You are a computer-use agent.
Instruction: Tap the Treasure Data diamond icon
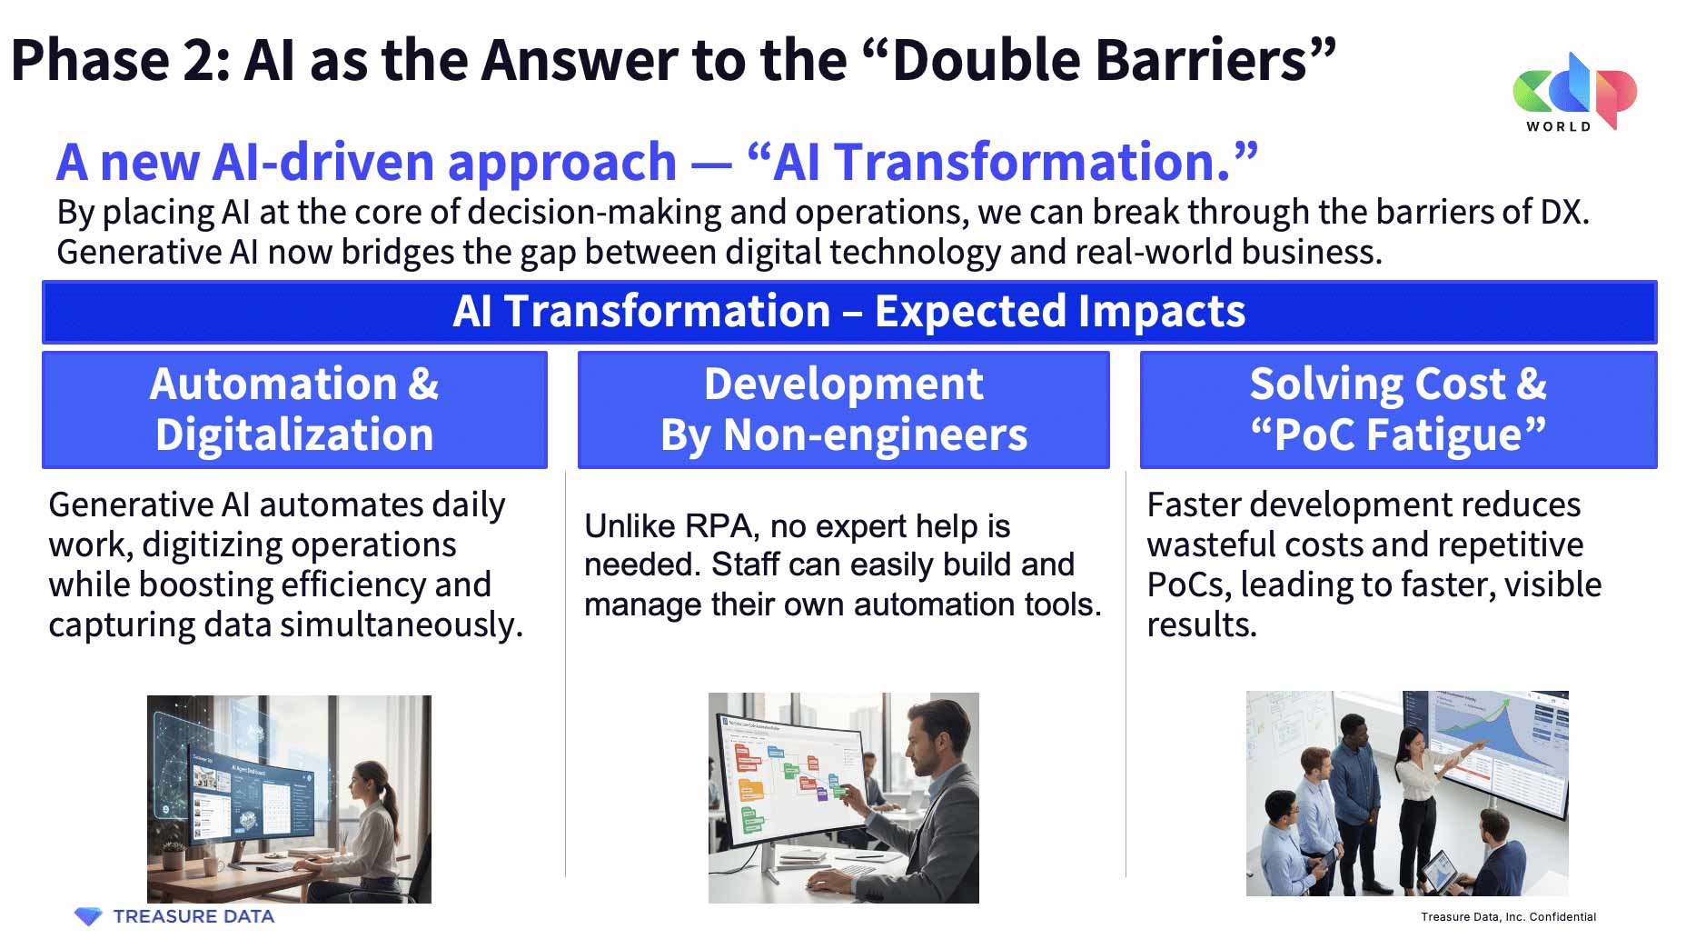click(x=88, y=916)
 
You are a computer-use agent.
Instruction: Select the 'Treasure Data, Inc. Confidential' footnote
click(x=1508, y=917)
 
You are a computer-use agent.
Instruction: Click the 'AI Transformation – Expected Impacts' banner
click(x=849, y=312)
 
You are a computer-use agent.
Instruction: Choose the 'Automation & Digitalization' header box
click(x=294, y=410)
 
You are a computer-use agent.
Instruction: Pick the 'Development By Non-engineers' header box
click(x=844, y=410)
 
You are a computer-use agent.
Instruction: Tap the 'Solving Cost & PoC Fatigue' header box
click(x=1399, y=410)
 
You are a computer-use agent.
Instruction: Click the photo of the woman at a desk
click(x=289, y=799)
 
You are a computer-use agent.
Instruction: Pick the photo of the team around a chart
click(x=1407, y=794)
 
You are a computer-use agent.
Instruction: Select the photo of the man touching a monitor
click(x=844, y=798)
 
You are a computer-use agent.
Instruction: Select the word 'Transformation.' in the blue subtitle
click(x=1033, y=162)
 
